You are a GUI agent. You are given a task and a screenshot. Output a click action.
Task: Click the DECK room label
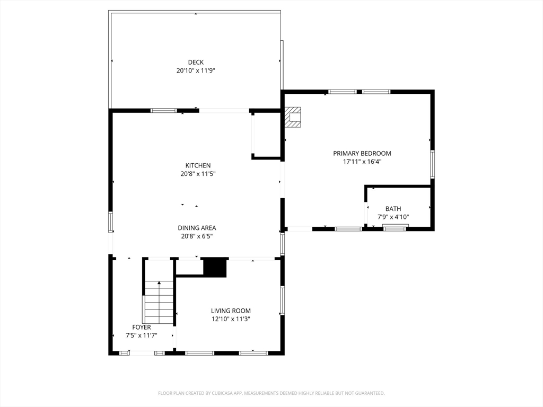tap(196, 63)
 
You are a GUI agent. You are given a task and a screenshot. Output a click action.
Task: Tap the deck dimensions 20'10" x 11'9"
tap(196, 70)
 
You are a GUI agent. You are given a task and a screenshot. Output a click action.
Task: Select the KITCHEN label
tap(198, 165)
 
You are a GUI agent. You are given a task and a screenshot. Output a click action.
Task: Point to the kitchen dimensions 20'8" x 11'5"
tap(198, 174)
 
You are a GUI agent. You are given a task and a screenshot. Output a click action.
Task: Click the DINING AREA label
tap(197, 228)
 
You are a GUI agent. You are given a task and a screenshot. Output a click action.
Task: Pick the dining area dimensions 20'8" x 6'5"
tap(197, 236)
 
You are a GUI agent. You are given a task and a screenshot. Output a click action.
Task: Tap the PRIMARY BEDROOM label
tap(362, 153)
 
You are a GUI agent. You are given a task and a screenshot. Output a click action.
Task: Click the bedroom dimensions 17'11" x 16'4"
tap(362, 162)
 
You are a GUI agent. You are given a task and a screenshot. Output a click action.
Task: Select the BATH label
tap(393, 209)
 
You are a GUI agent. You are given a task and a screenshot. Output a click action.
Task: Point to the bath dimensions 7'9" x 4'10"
tap(393, 217)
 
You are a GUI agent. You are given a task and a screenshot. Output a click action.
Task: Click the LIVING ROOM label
tap(231, 311)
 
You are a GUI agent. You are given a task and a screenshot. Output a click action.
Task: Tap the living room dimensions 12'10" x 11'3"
tap(231, 319)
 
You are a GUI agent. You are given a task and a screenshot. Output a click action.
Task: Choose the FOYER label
tap(141, 327)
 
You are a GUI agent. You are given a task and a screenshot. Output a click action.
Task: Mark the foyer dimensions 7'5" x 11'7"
tap(141, 335)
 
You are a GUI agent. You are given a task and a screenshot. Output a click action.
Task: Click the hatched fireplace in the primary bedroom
tap(293, 118)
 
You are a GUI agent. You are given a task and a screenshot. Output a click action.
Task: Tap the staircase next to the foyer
tap(159, 303)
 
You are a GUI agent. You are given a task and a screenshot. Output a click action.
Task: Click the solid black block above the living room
tap(215, 268)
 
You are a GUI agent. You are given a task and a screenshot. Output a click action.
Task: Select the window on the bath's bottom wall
tap(395, 228)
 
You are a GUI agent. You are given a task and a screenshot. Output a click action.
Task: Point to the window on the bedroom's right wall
tap(432, 164)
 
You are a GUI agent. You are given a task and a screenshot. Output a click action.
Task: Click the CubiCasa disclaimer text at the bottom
tap(271, 393)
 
